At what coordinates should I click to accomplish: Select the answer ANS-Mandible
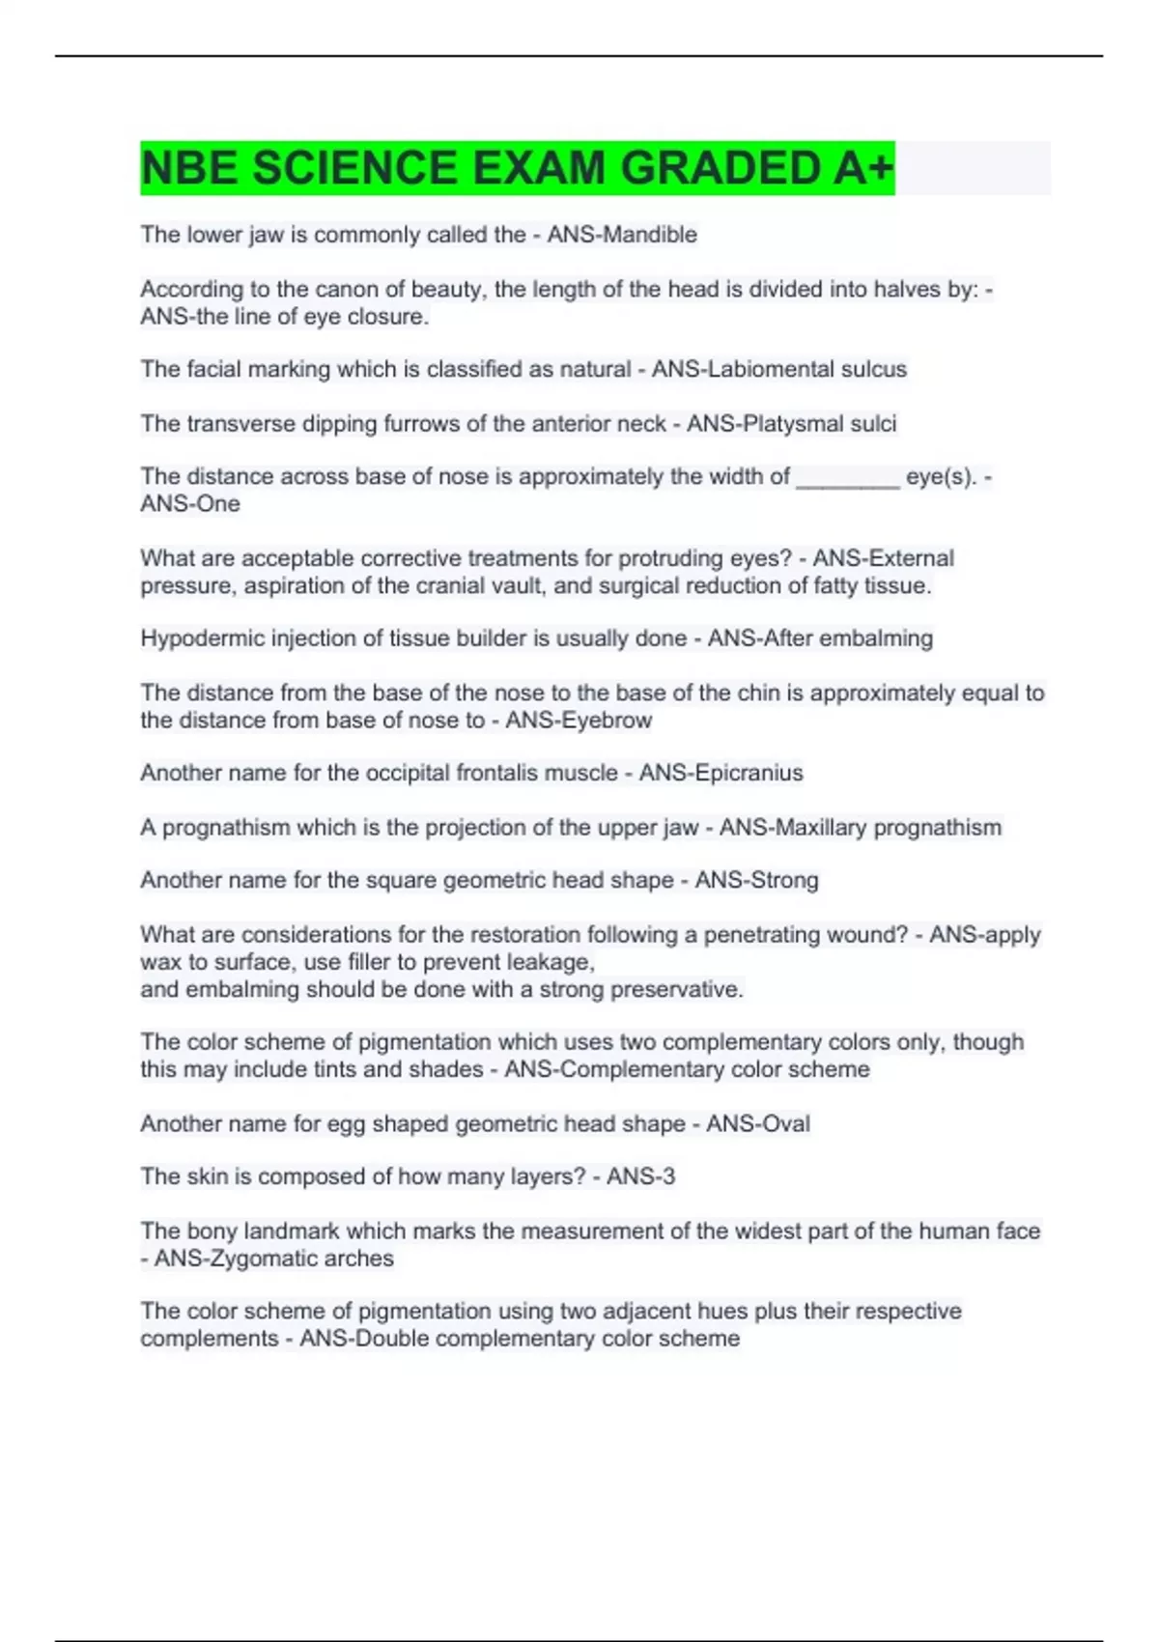click(622, 235)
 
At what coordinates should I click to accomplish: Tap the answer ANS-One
click(190, 503)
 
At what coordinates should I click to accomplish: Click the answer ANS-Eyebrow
click(579, 720)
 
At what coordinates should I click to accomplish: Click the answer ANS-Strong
click(756, 880)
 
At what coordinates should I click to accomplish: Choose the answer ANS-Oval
click(757, 1123)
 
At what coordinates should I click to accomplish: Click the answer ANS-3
click(640, 1176)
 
